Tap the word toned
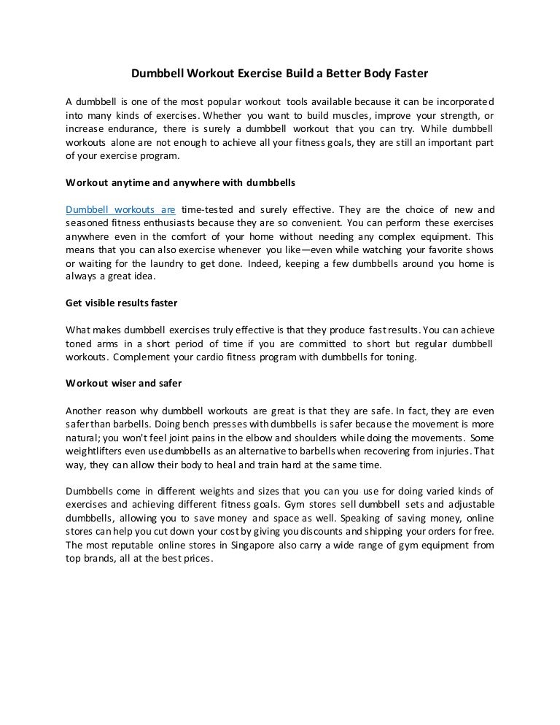[80, 344]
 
